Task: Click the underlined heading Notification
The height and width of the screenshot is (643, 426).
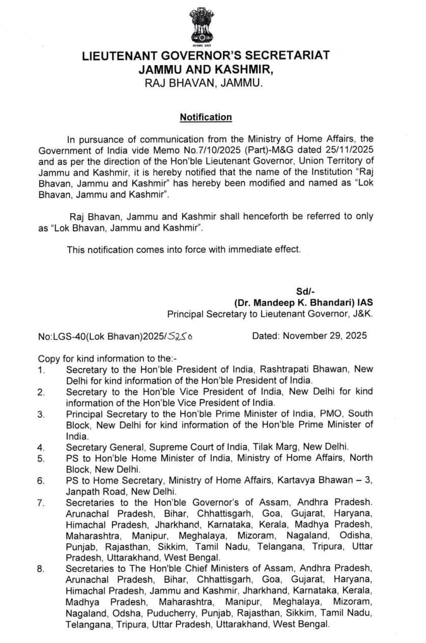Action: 205,117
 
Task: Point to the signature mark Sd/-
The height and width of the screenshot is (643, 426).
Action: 305,291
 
